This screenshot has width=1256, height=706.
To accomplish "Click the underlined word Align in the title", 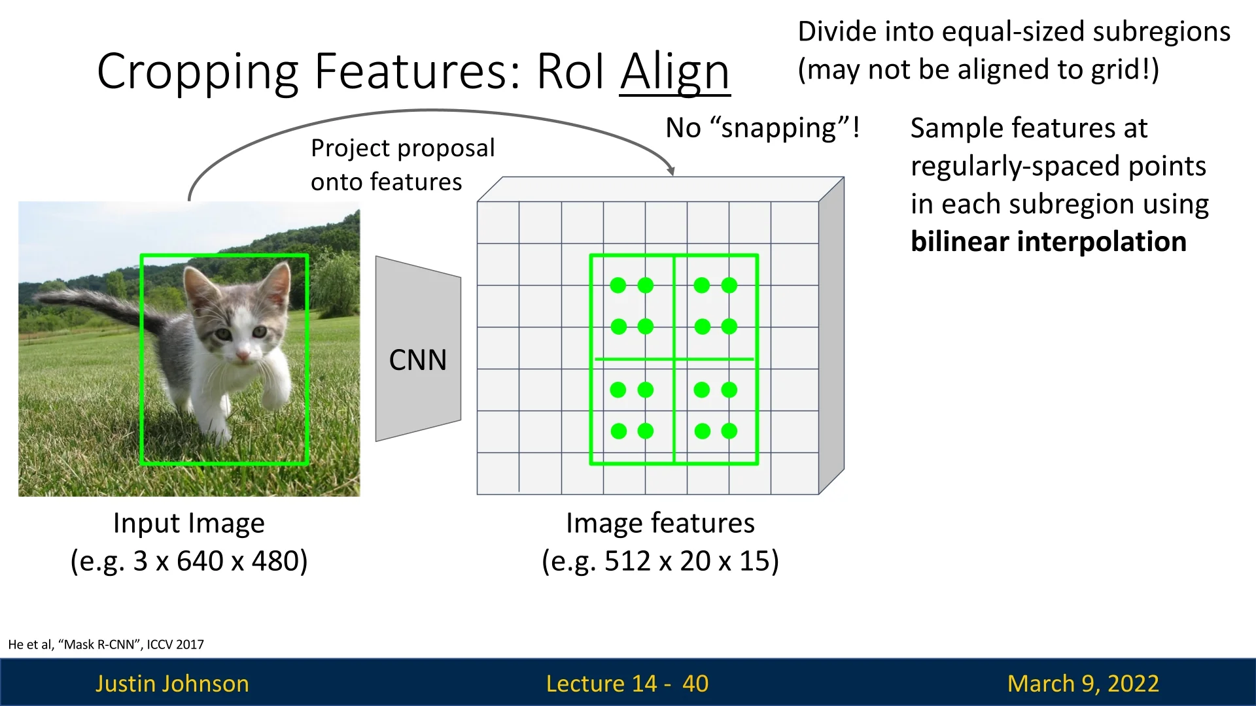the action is point(674,72).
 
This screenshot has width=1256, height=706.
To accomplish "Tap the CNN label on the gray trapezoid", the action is point(418,360).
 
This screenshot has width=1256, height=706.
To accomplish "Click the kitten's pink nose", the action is point(243,356).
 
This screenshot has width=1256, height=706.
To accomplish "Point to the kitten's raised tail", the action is point(98,307).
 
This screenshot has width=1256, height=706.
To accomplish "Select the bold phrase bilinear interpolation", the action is point(1048,242).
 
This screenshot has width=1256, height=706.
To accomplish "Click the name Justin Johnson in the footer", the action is point(172,683).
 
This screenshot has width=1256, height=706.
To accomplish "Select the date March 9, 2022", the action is point(1083,683).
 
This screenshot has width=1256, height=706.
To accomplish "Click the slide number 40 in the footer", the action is point(695,683).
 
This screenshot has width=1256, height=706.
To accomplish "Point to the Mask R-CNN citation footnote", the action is point(106,645).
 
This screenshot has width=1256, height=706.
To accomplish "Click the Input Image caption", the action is point(189,524).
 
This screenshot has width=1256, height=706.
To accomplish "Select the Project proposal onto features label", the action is point(403,165).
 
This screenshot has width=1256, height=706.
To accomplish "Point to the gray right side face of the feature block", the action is point(831,335).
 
